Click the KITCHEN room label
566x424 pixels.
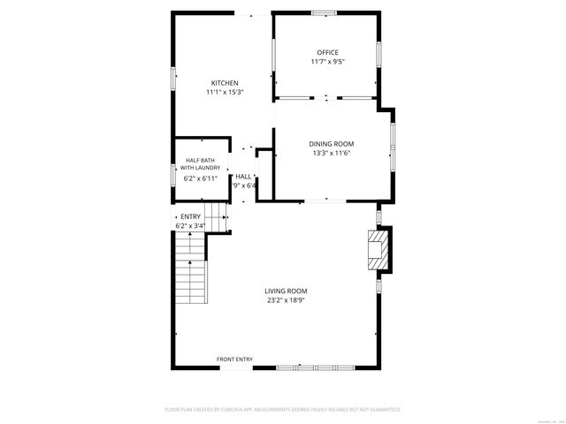(x=224, y=83)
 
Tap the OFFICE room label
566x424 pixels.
(x=327, y=53)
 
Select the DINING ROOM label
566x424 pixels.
(x=331, y=144)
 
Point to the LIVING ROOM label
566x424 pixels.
(x=286, y=291)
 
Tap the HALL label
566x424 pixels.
(x=242, y=177)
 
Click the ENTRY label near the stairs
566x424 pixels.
(x=190, y=216)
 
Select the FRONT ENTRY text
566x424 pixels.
(x=235, y=360)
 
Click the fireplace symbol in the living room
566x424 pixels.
(x=378, y=249)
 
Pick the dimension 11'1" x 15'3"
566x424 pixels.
(x=224, y=92)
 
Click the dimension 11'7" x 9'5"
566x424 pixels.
(x=327, y=62)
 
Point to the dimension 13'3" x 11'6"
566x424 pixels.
(x=331, y=153)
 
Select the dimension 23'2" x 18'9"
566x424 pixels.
(x=286, y=299)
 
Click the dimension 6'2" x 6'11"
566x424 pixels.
(x=199, y=178)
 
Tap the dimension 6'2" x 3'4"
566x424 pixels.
(x=189, y=226)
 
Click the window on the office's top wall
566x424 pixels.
(x=324, y=12)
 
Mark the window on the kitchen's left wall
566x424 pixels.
(x=172, y=79)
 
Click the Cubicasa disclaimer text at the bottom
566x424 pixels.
(x=283, y=410)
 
